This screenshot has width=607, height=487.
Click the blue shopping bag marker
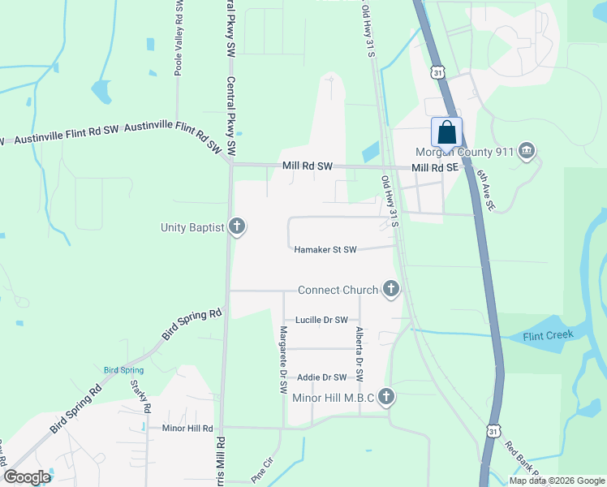(447, 132)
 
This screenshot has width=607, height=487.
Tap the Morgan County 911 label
(464, 151)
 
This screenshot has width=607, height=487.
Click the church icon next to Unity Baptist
(237, 226)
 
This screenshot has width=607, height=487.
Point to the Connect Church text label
(338, 290)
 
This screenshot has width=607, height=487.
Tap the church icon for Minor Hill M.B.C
(387, 397)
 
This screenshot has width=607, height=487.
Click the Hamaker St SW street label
(325, 250)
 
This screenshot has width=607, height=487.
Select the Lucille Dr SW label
(321, 320)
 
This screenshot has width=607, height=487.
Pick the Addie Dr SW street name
(321, 377)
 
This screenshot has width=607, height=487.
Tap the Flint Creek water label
(548, 334)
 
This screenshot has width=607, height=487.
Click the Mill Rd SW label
(308, 166)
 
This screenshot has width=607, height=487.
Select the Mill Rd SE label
(435, 167)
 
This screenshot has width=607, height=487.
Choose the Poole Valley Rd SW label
(179, 39)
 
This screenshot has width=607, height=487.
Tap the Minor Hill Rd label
(187, 428)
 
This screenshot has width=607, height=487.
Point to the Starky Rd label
(136, 400)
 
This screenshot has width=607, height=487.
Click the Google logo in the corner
(27, 477)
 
